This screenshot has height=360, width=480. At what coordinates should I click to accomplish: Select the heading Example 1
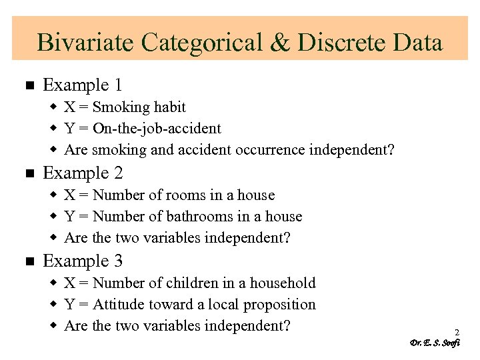coord(83,85)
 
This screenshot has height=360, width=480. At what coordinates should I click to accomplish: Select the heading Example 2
coord(83,173)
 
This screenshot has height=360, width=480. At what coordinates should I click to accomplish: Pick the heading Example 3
coord(83,261)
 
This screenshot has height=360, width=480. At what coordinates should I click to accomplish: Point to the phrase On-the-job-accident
coord(157,129)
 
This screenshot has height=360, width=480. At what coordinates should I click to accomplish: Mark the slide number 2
coord(457,332)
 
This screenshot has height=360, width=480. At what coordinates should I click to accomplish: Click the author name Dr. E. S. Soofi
coord(435,343)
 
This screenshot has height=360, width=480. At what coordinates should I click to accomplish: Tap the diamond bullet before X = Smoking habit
coord(55,108)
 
